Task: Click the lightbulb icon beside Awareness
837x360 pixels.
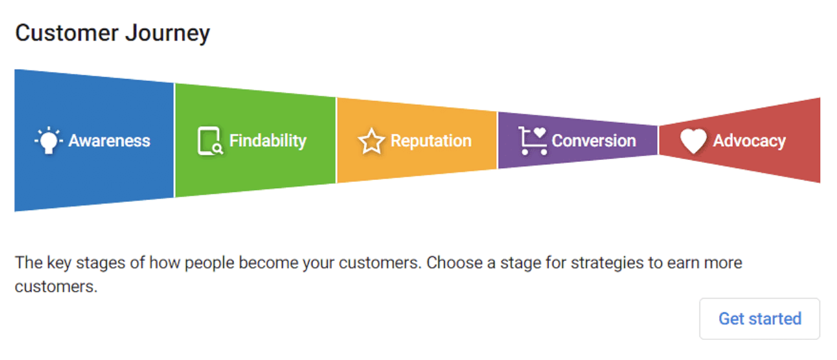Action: pos(48,140)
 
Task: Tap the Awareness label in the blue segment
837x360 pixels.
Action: pos(109,140)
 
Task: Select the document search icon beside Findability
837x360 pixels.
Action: pos(210,141)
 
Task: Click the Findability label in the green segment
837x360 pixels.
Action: pos(267,141)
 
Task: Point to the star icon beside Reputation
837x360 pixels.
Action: pos(371,141)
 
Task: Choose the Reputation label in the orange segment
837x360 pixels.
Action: pos(431,141)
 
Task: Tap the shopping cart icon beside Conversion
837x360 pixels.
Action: pos(533,141)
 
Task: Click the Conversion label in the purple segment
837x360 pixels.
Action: pos(594,140)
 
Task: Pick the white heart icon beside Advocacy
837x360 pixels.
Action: pos(693,141)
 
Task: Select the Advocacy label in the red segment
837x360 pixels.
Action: pos(749,141)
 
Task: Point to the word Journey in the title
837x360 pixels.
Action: pos(168,34)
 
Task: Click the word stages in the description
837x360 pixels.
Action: pos(100,263)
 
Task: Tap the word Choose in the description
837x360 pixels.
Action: pos(454,263)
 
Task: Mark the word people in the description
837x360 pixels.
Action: pos(210,263)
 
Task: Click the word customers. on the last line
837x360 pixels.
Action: pos(56,287)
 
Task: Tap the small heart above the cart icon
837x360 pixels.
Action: pos(540,132)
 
